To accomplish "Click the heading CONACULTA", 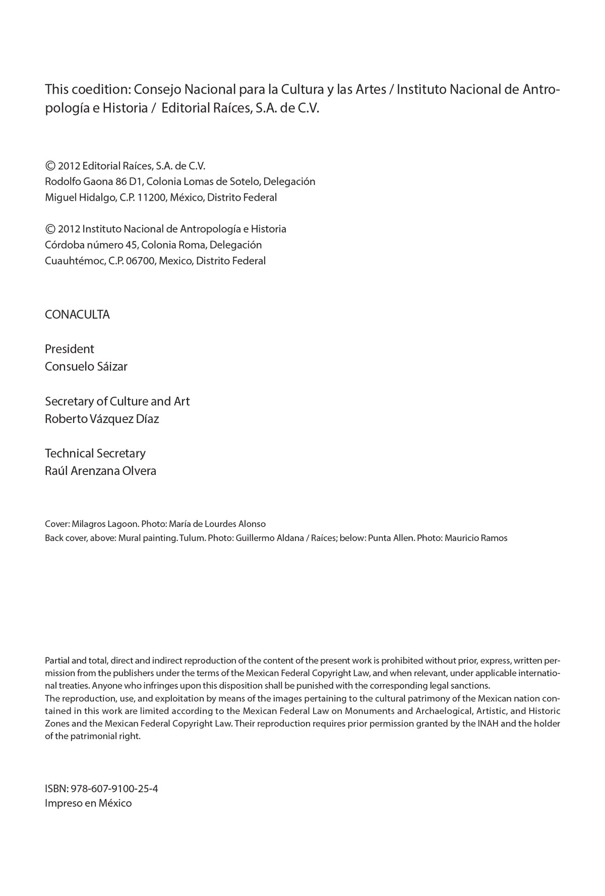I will (x=77, y=315).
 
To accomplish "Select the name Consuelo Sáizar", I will (x=86, y=367).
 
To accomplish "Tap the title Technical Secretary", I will (x=95, y=453).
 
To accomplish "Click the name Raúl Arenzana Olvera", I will (x=100, y=471).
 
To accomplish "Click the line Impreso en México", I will (x=88, y=803).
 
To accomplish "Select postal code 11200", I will (x=151, y=198).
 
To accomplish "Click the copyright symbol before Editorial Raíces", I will (x=50, y=165).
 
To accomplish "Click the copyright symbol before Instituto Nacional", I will (x=50, y=229).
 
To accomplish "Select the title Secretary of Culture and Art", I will (x=117, y=401).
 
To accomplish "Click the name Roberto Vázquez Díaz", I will (x=102, y=419).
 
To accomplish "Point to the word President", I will (x=70, y=349).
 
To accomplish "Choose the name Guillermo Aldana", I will (x=270, y=538).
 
